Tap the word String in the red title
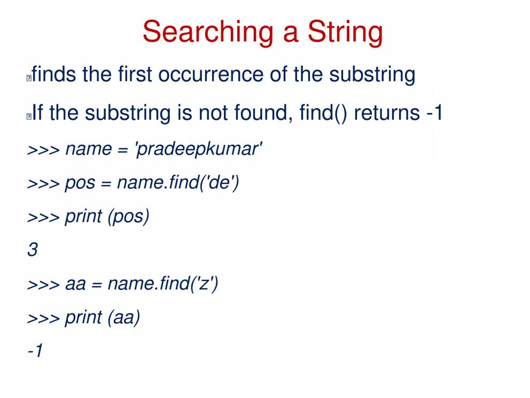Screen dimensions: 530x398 coord(345,33)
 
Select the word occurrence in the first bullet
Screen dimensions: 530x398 coord(211,74)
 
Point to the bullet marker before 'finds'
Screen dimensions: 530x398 coord(29,78)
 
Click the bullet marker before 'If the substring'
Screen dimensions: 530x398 coord(29,117)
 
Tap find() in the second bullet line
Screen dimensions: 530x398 coord(323,113)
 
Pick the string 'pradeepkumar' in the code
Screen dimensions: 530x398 coord(198,149)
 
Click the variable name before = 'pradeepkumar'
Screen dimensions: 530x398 coord(88,149)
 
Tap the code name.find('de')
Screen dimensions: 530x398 coord(178,182)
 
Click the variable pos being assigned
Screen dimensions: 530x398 coord(80,184)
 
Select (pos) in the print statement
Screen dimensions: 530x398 coord(128,217)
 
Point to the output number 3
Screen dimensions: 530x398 coord(33,250)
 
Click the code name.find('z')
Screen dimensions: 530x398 coord(163,284)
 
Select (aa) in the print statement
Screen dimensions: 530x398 coord(124,318)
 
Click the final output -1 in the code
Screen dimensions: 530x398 coord(35,350)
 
